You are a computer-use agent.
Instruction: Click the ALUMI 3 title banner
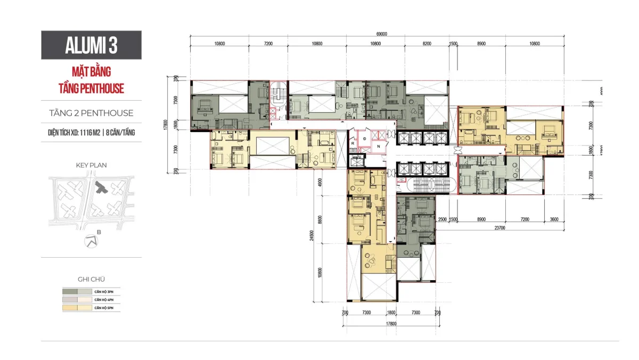(91, 45)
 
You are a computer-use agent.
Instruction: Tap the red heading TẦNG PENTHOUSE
(91, 88)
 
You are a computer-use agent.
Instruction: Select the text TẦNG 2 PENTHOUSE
(91, 113)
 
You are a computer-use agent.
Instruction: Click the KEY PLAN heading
(91, 165)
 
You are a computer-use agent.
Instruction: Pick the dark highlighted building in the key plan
(100, 187)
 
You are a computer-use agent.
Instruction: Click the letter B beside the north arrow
(99, 232)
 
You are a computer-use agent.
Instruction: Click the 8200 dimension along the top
(427, 44)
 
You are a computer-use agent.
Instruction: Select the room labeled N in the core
(378, 146)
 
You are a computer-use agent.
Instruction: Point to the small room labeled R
(353, 143)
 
